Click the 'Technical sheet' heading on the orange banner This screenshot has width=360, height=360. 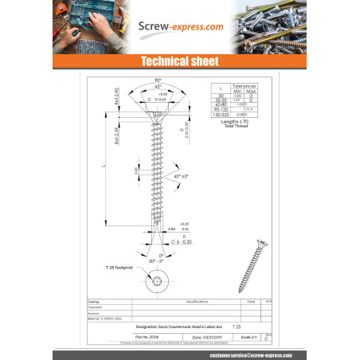[x=180, y=61]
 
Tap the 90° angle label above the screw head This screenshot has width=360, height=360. [x=158, y=80]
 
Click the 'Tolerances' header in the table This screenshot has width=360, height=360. [x=244, y=84]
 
